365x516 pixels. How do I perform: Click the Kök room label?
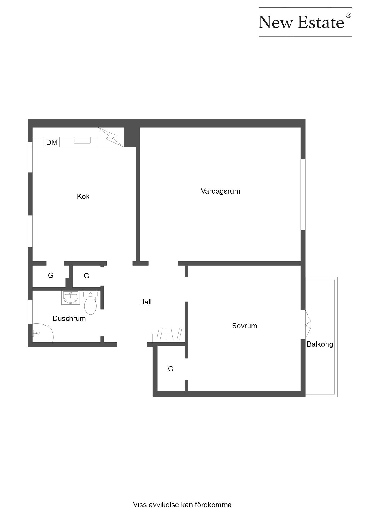tap(83, 196)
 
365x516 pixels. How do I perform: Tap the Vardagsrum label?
tap(220, 191)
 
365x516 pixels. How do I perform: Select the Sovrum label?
tap(245, 326)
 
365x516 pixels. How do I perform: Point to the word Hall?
tap(145, 302)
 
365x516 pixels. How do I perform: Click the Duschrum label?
tap(69, 319)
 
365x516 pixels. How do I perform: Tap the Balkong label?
tap(320, 344)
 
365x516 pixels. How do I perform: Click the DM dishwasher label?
tap(52, 143)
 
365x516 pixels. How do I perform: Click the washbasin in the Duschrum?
tap(71, 298)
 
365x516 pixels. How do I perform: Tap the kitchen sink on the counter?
tap(82, 140)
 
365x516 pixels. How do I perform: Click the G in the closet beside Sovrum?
tap(171, 369)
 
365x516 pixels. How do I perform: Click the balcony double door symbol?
tap(308, 324)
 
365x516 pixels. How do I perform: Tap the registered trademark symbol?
tap(349, 15)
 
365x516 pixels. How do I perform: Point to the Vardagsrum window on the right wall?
tap(303, 195)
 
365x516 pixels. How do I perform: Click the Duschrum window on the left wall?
tap(30, 312)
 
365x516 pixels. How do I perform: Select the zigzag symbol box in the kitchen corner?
tap(111, 137)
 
